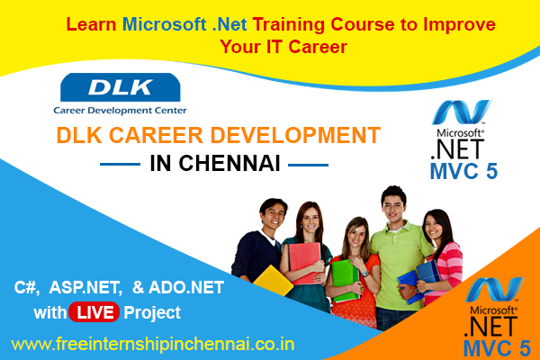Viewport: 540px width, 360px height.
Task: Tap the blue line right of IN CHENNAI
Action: pos(306,165)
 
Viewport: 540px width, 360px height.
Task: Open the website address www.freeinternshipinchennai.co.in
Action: pos(152,344)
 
